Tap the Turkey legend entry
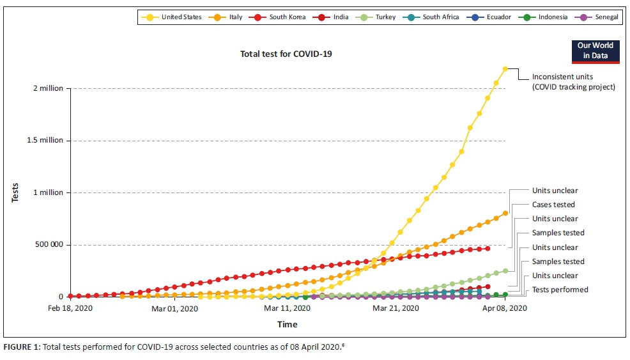click(x=384, y=17)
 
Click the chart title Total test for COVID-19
click(x=286, y=54)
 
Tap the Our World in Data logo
click(x=595, y=51)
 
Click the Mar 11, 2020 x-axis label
click(x=287, y=309)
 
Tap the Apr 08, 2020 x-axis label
click(x=505, y=309)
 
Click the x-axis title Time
click(x=287, y=324)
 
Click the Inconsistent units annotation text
click(x=573, y=82)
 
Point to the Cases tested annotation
click(x=553, y=205)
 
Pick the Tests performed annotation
click(x=560, y=290)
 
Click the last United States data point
click(x=505, y=69)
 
